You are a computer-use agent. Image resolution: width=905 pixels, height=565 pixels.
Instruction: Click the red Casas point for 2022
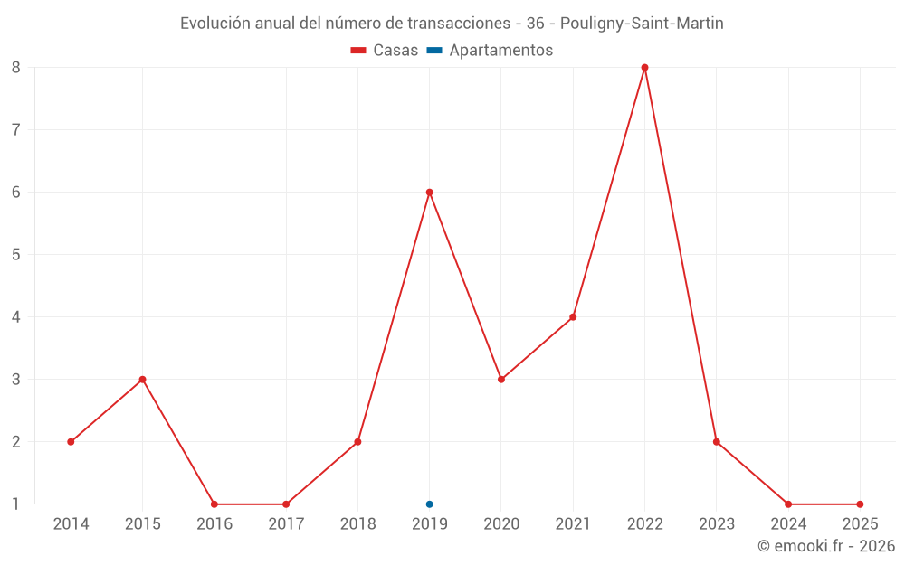[644, 68]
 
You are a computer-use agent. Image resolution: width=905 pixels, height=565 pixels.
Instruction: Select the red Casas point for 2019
[429, 193]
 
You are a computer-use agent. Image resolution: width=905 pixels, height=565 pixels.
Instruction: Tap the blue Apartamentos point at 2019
[429, 504]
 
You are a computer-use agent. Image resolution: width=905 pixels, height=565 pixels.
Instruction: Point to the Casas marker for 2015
[142, 380]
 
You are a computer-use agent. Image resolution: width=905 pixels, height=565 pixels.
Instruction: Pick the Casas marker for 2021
[573, 317]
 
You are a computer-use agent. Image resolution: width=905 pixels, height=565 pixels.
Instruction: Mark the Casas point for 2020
[501, 380]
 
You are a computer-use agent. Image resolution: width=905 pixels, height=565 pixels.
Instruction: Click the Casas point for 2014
[71, 442]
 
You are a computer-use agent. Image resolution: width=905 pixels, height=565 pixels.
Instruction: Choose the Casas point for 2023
[716, 442]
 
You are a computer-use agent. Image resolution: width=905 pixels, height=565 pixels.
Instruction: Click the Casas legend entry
[385, 51]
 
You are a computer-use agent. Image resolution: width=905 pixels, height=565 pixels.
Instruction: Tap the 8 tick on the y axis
[16, 68]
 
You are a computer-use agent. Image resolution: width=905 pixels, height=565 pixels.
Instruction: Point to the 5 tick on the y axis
[16, 255]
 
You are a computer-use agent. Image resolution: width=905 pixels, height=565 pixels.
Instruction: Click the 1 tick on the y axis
[16, 504]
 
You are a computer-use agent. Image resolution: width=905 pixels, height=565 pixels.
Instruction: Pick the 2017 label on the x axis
[286, 524]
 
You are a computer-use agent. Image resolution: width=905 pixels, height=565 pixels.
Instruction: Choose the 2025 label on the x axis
[860, 524]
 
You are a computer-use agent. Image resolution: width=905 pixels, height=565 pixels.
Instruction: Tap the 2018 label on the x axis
[357, 524]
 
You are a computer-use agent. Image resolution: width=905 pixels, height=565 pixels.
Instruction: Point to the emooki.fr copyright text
[826, 546]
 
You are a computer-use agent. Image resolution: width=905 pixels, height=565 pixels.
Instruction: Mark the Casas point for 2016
[214, 504]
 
